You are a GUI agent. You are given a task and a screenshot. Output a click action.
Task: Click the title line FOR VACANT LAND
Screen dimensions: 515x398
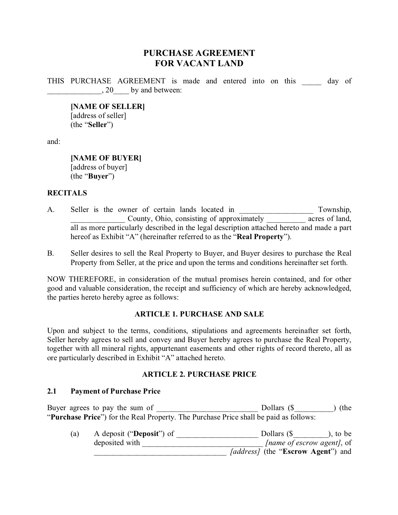(199, 63)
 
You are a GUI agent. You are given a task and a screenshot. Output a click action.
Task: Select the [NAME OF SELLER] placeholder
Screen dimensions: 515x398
(108, 106)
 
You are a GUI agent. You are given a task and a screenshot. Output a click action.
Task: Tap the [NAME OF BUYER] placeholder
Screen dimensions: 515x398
(106, 158)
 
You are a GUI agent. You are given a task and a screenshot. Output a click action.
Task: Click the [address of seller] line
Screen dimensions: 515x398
(98, 115)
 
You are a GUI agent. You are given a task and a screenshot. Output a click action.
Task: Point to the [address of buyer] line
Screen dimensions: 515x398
(99, 167)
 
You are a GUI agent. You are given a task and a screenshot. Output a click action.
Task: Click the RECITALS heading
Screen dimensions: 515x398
(67, 193)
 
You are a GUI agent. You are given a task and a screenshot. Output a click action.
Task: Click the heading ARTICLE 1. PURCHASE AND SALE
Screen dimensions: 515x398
(199, 314)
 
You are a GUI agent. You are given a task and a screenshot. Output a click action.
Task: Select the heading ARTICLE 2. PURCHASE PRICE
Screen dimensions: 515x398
(199, 374)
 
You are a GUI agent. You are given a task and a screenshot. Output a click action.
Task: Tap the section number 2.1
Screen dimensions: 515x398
(52, 391)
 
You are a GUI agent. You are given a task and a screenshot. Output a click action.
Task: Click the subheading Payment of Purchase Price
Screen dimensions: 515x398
(115, 391)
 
